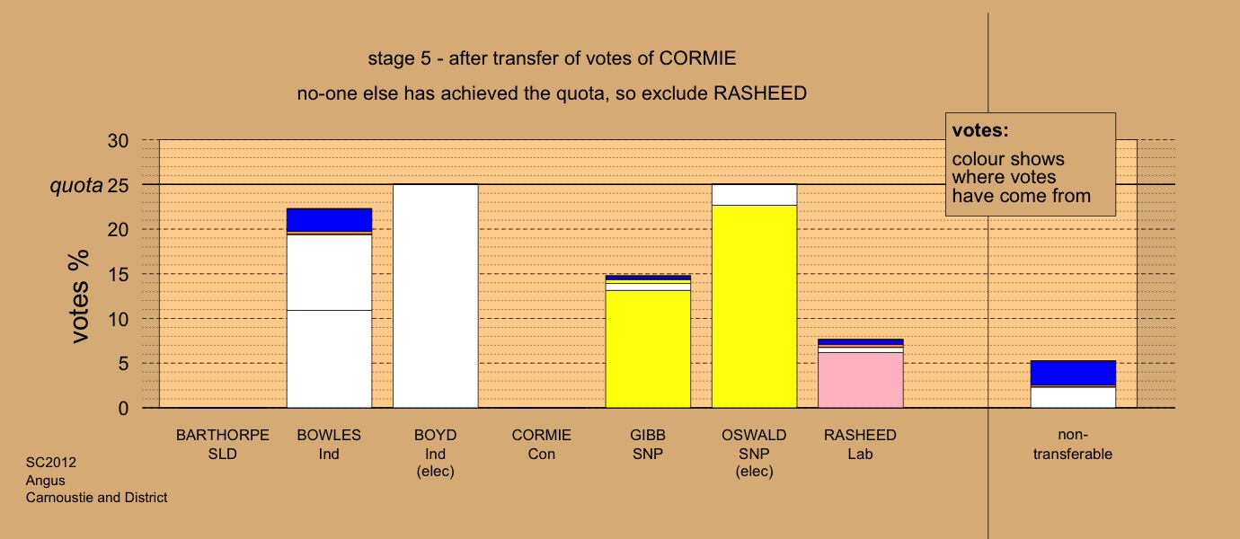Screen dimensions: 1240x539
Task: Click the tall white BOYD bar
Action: (x=436, y=296)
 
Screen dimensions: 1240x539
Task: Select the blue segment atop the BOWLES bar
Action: (x=330, y=220)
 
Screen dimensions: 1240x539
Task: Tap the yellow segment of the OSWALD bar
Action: (x=755, y=306)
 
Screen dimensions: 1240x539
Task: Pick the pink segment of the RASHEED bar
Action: (x=861, y=380)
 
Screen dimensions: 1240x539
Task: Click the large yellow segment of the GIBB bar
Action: (x=648, y=349)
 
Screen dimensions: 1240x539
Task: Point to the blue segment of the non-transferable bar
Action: (x=1073, y=373)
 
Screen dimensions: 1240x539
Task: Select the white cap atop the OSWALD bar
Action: (x=755, y=195)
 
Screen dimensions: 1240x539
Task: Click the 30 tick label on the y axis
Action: (x=118, y=140)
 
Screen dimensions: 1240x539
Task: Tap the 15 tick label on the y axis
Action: (x=118, y=275)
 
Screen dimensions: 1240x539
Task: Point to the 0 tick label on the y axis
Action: (x=123, y=409)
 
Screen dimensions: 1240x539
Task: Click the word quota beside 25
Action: (x=76, y=186)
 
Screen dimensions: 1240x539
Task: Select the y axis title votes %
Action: (x=79, y=296)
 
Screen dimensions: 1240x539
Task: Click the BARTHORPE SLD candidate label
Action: (x=223, y=445)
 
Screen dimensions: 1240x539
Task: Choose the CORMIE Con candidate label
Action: (x=542, y=445)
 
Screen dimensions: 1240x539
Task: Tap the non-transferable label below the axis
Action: (x=1073, y=445)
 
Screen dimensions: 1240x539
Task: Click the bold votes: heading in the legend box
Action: (x=980, y=130)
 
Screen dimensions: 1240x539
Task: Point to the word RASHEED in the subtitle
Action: (x=760, y=93)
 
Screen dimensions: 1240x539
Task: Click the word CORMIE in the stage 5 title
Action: (x=697, y=58)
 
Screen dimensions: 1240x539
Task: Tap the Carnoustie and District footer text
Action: (x=96, y=498)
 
